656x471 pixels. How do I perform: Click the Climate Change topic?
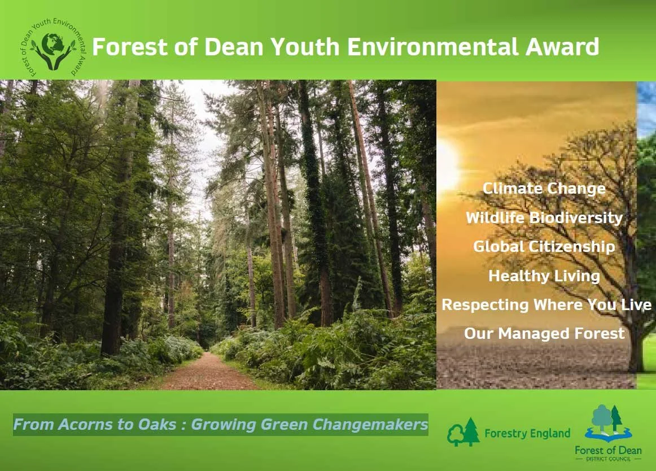coord(544,188)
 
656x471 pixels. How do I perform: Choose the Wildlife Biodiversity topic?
coord(544,217)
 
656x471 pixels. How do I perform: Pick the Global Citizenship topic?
coord(544,247)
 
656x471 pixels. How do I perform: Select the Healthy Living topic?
coord(544,276)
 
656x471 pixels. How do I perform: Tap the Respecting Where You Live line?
coord(546,305)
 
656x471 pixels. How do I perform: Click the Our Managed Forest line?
coord(544,333)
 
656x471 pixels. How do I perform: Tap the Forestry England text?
coord(527,434)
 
